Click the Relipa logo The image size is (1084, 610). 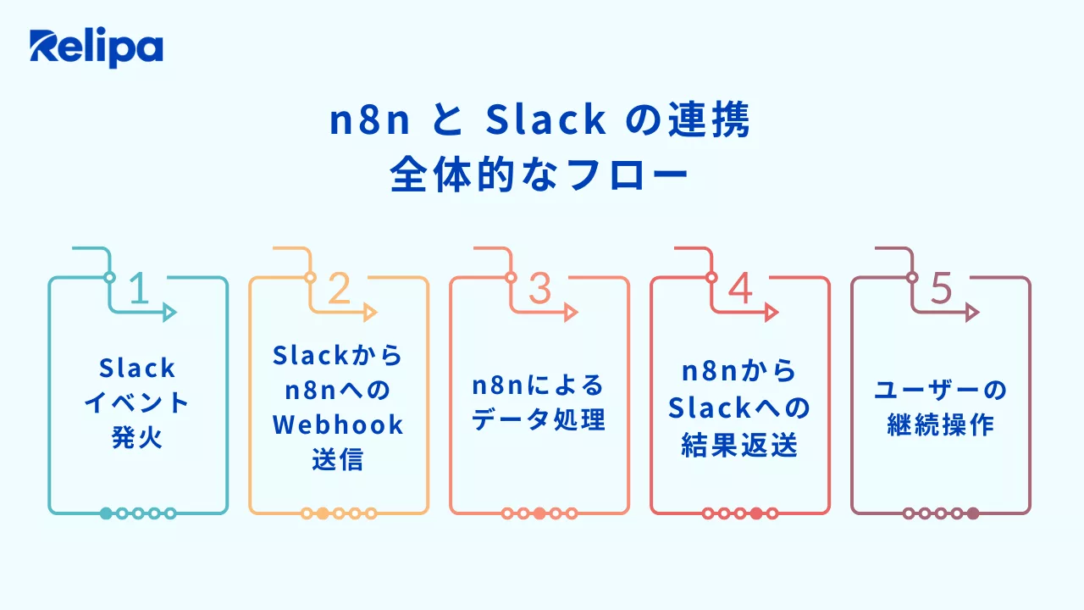(x=96, y=48)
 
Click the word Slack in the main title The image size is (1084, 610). (x=546, y=122)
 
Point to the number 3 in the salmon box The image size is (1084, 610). (x=539, y=290)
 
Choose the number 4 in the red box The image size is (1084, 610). (x=740, y=290)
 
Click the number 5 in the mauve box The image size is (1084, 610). (x=941, y=290)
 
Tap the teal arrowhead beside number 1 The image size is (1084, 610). (x=169, y=313)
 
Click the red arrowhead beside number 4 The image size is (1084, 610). (x=771, y=313)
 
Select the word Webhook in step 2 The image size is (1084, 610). (x=339, y=424)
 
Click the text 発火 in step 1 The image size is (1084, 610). (x=137, y=439)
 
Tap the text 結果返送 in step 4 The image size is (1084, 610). (x=739, y=446)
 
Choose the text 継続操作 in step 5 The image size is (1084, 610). (x=940, y=425)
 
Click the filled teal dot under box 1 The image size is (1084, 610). (x=106, y=513)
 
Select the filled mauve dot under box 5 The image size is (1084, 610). (x=973, y=513)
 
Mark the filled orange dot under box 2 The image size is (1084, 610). (x=323, y=513)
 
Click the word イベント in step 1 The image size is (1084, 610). (x=137, y=403)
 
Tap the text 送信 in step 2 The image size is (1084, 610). (x=338, y=460)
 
